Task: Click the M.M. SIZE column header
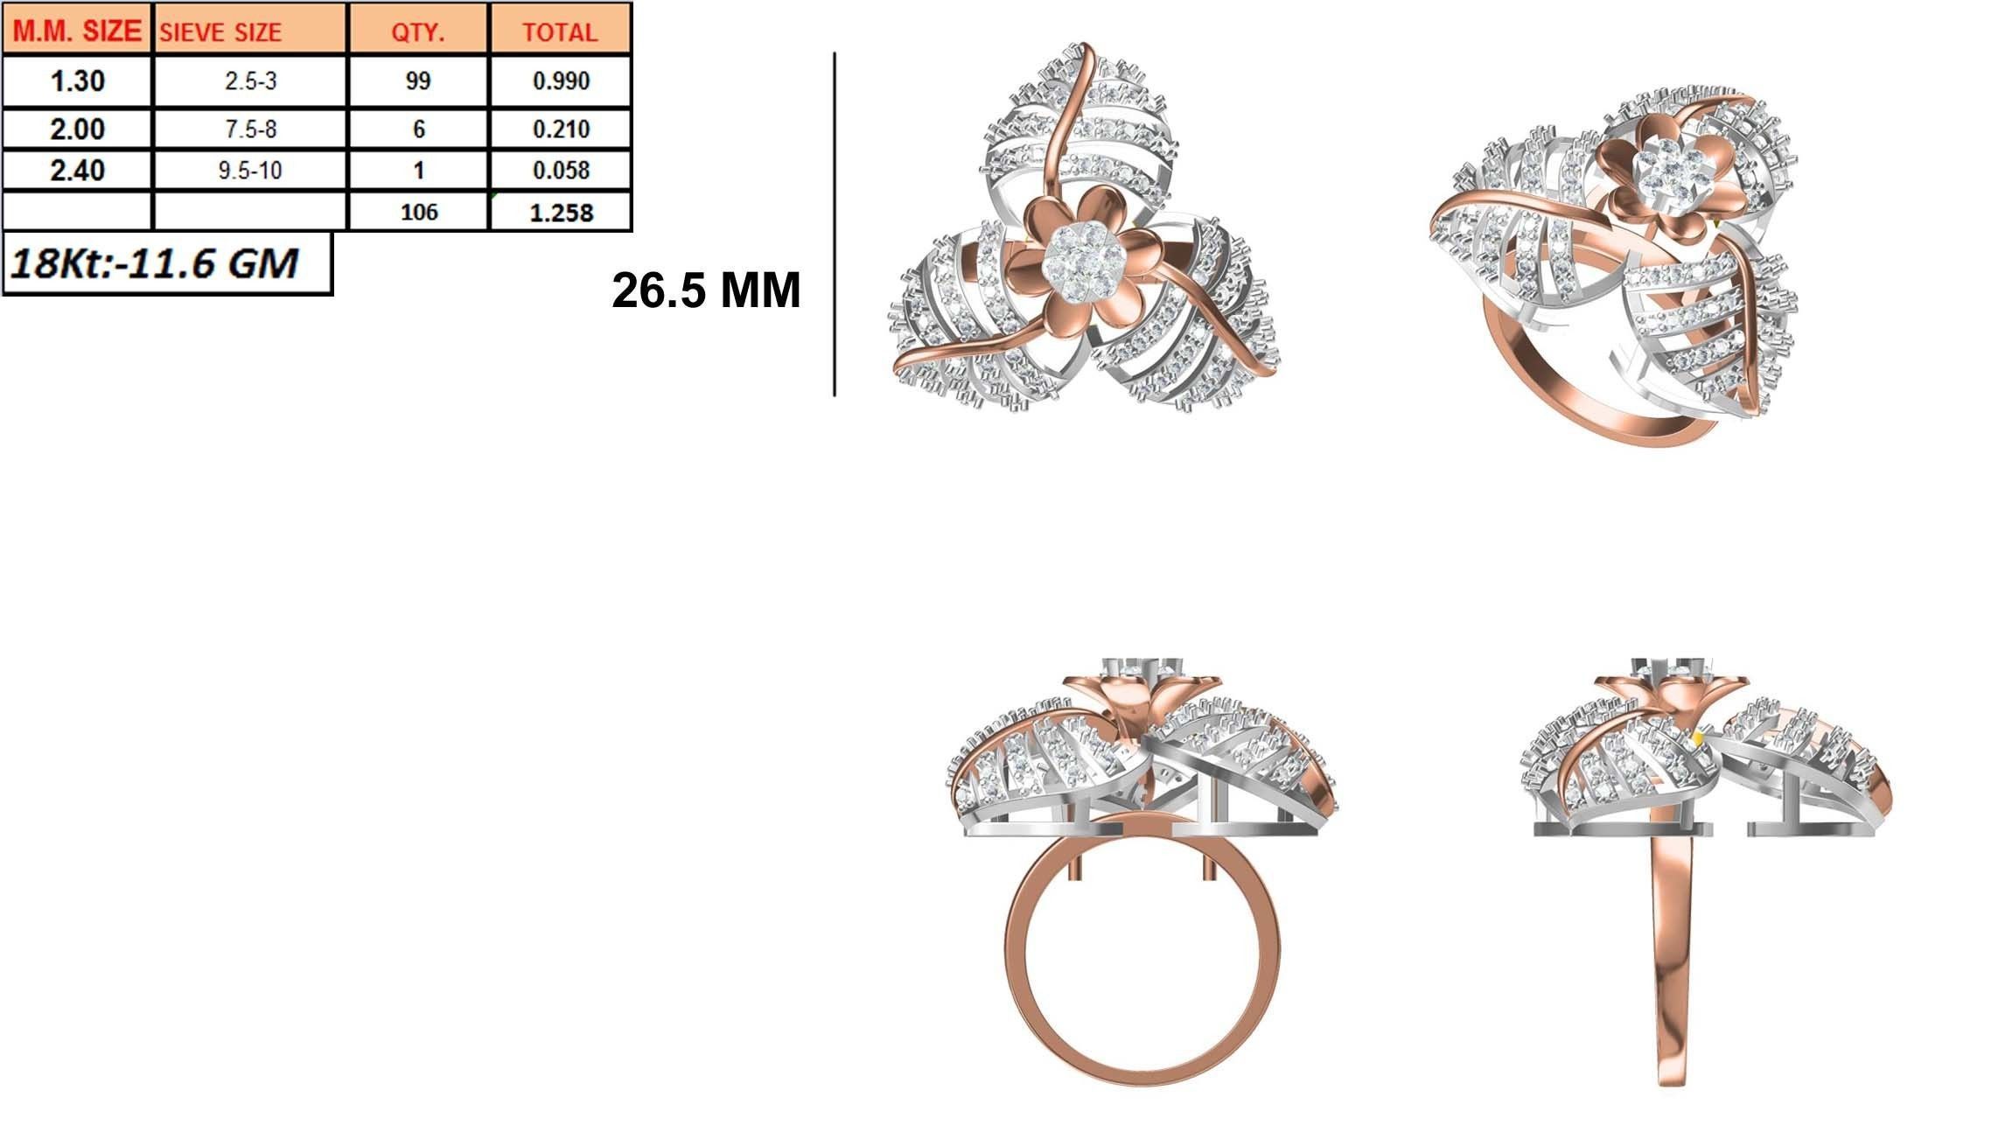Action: coord(77,31)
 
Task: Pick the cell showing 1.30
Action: coord(77,81)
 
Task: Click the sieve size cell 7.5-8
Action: coord(250,129)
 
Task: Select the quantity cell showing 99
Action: coord(418,81)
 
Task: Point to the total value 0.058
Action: coord(561,170)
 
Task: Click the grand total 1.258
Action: coord(561,213)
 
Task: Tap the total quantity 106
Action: coord(418,213)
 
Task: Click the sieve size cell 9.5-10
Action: coord(250,170)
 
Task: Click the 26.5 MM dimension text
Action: coord(705,290)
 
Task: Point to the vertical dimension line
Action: coord(835,224)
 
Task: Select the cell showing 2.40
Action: coord(77,170)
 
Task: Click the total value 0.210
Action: coord(561,129)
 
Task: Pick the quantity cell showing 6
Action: coord(418,129)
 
